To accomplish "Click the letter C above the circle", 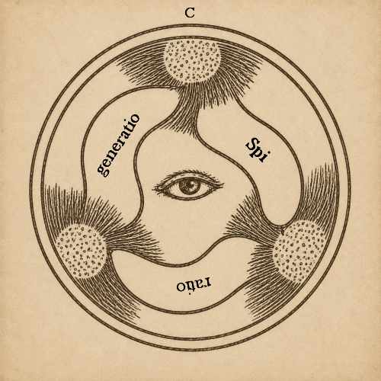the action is tap(190, 13).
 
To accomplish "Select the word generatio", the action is tap(118, 145).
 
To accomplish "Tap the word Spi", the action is tap(258, 150).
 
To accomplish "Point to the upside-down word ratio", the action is tap(194, 284).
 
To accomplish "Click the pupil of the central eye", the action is tap(190, 186).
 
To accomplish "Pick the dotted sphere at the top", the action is tap(192, 61).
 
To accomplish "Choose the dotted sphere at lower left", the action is tap(81, 251).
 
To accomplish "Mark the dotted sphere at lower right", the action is tap(299, 251).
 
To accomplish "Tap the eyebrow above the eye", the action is tap(189, 174).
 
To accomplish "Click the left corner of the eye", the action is tap(154, 189).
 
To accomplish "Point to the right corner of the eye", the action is tap(223, 184).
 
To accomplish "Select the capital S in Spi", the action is tap(251, 146).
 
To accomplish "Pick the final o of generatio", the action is tap(135, 118).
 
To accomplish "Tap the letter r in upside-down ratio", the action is tap(207, 283).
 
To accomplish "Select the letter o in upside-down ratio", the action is tap(181, 287).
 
